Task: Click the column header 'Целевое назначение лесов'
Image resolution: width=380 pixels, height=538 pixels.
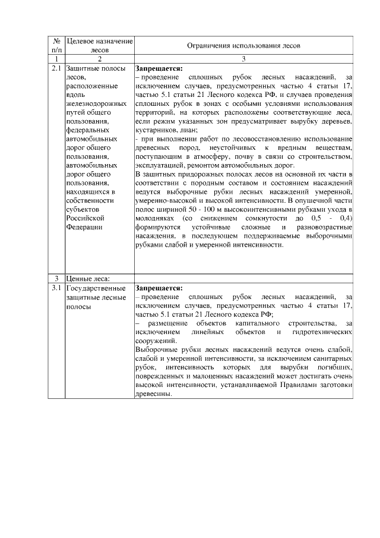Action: coord(99,45)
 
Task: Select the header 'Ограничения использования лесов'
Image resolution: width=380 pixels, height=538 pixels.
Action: coord(243,45)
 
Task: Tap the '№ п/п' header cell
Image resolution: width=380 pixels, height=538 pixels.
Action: coord(57,45)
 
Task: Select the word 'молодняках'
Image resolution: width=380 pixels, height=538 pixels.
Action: coord(154,220)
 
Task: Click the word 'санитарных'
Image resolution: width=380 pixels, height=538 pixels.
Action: coord(334,359)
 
